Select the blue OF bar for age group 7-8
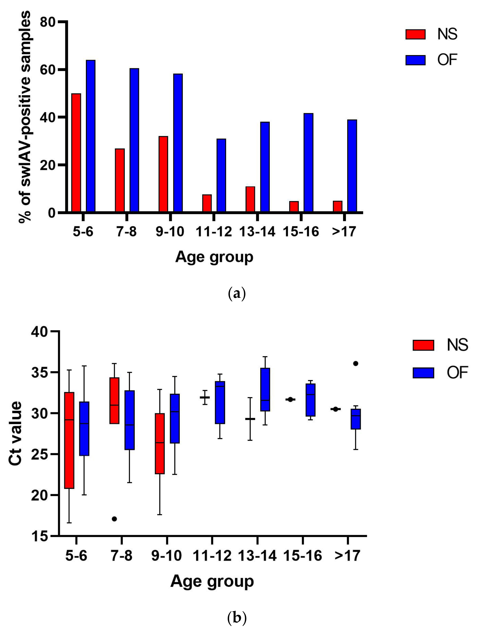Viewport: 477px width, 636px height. [134, 140]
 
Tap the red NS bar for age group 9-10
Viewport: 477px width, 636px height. [163, 174]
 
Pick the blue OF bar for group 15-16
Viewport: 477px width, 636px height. [309, 163]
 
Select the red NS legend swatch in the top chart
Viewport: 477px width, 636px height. [415, 34]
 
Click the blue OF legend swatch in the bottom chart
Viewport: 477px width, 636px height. [423, 373]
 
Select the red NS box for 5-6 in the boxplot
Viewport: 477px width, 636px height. [69, 440]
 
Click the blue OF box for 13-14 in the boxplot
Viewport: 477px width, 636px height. [265, 390]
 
